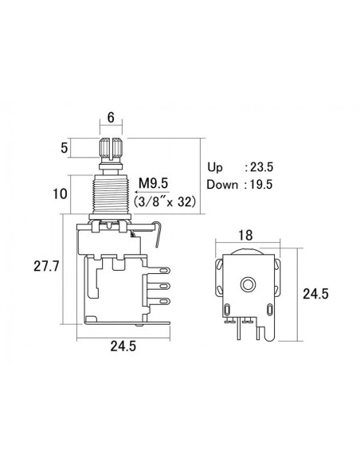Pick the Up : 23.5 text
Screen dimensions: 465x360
tap(238, 169)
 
